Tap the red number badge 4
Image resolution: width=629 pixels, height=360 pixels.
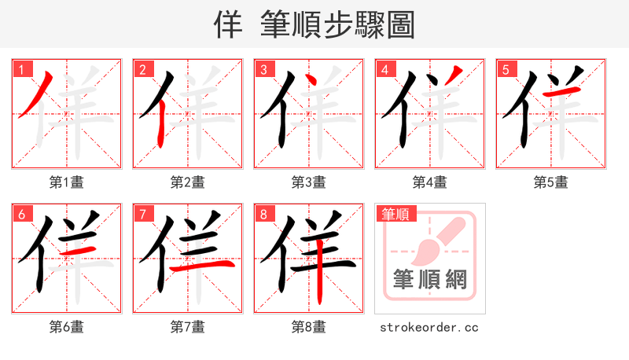384,69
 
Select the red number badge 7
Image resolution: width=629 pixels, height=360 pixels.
142,214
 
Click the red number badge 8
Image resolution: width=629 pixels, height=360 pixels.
263,214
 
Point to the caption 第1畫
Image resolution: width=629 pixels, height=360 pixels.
67,182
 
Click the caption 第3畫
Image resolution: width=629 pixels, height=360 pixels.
309,182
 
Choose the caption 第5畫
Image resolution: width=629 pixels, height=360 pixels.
551,182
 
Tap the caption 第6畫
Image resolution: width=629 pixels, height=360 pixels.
67,326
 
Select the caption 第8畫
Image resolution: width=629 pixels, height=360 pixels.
309,326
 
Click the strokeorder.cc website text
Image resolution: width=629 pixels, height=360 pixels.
429,327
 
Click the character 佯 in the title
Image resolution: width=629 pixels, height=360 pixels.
228,25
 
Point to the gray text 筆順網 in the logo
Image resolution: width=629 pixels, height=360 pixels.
429,279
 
